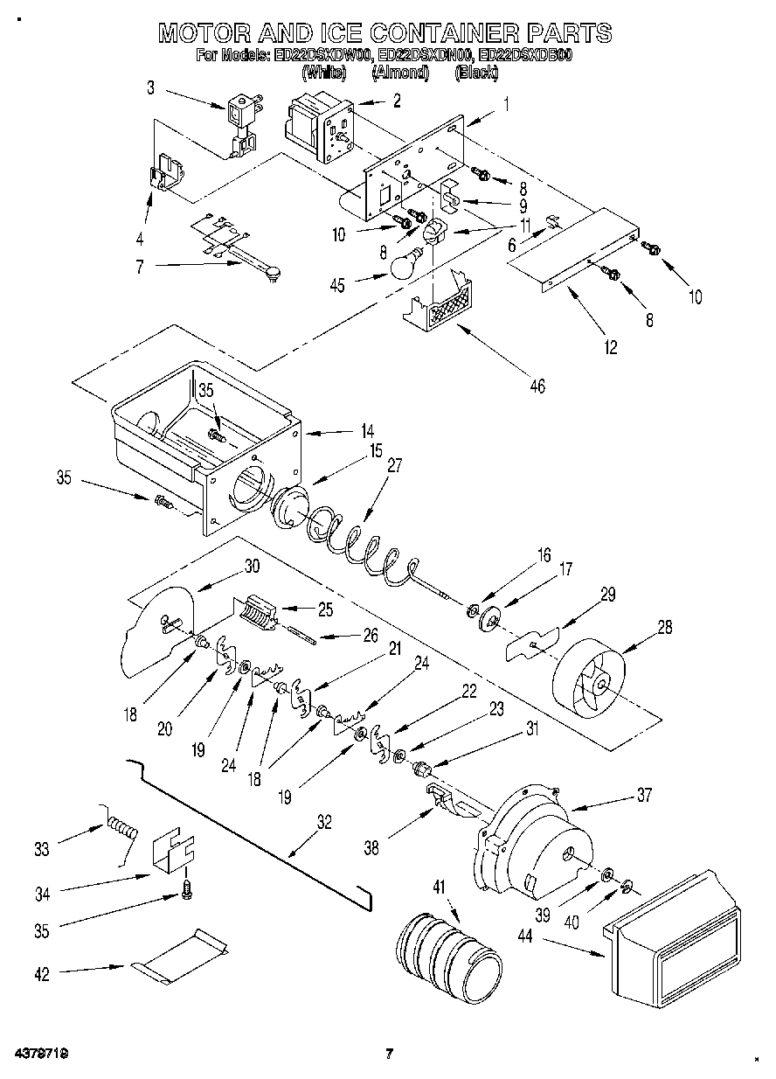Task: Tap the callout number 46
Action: [537, 385]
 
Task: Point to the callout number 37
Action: [644, 795]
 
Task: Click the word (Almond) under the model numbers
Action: [400, 73]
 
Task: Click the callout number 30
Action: [252, 565]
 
